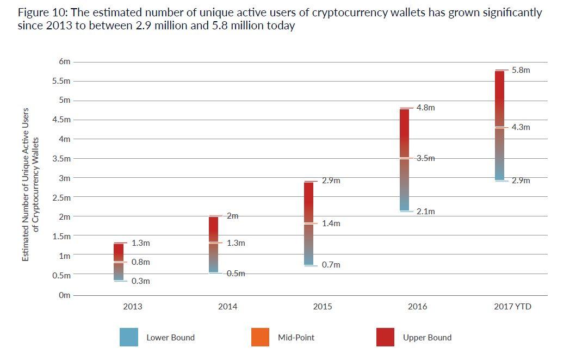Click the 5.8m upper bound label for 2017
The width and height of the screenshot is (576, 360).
(x=521, y=70)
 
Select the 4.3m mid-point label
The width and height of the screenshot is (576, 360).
(x=521, y=127)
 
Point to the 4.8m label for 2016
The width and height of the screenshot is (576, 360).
(x=425, y=108)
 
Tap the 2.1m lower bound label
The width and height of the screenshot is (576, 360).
(x=425, y=212)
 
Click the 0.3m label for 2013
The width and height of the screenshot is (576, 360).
(x=140, y=281)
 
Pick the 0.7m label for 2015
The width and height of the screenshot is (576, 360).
(x=331, y=265)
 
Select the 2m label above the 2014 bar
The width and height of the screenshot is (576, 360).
(x=232, y=216)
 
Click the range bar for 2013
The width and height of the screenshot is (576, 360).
(x=119, y=262)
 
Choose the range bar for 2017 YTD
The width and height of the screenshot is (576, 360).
(x=499, y=125)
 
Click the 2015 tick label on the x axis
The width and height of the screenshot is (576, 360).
(x=323, y=307)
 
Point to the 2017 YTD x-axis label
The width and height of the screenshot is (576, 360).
(x=512, y=307)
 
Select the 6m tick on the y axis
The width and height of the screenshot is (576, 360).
(x=65, y=62)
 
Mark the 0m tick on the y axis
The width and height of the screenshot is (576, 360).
(x=65, y=295)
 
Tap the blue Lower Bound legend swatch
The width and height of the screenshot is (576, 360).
(x=129, y=337)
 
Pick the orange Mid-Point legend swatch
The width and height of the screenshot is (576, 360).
(x=261, y=337)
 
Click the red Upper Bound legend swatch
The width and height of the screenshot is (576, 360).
(x=386, y=337)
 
